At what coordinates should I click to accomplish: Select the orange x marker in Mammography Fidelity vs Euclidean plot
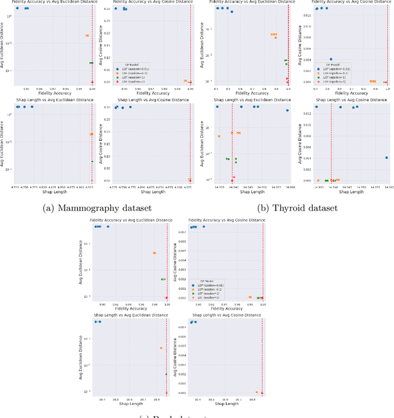click(x=87, y=36)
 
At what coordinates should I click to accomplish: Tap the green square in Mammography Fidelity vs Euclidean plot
click(x=91, y=63)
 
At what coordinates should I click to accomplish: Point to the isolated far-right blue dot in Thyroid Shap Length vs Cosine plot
click(x=386, y=158)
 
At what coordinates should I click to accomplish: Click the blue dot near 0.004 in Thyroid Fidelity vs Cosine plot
click(x=331, y=60)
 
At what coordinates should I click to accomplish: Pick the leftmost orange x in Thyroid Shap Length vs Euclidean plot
click(x=219, y=136)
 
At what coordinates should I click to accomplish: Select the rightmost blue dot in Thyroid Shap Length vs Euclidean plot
click(x=287, y=110)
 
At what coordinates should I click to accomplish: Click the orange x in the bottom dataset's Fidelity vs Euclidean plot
click(x=155, y=253)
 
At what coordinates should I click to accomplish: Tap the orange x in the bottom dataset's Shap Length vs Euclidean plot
click(x=161, y=348)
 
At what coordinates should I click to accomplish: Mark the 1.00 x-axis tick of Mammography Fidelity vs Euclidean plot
click(x=92, y=87)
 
